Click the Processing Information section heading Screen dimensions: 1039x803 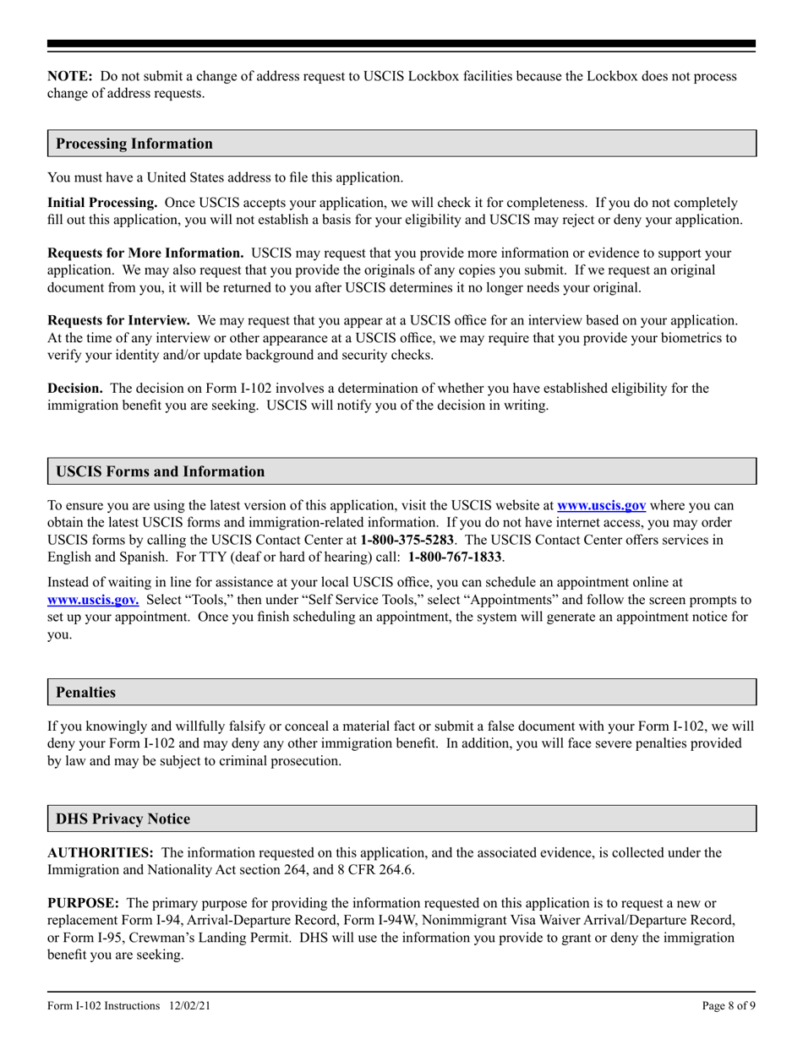[134, 144]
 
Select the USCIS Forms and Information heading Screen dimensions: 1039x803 [160, 471]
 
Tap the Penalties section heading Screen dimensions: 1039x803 [85, 692]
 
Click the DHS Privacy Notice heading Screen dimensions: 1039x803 [123, 819]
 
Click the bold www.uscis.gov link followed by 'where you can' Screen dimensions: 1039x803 [602, 506]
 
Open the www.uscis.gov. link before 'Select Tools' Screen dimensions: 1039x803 [93, 600]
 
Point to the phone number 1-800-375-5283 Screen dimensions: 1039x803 [407, 538]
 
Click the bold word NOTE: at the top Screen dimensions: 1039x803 [69, 76]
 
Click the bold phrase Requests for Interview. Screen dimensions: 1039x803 [118, 321]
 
